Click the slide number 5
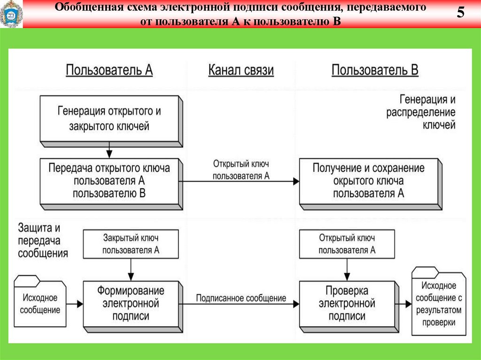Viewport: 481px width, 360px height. (x=460, y=13)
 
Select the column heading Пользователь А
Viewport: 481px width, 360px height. (x=109, y=70)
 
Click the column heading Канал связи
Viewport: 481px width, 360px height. (x=241, y=70)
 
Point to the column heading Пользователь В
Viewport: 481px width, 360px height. (x=375, y=70)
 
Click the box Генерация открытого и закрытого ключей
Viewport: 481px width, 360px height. (x=109, y=118)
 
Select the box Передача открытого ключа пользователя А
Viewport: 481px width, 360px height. (x=109, y=180)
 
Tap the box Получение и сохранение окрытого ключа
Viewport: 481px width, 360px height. (x=369, y=180)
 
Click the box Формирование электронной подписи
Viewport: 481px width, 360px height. (x=131, y=303)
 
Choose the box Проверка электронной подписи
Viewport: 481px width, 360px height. (x=347, y=303)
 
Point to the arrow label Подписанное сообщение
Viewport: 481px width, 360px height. (x=241, y=298)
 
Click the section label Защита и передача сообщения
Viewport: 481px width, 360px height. (x=43, y=240)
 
